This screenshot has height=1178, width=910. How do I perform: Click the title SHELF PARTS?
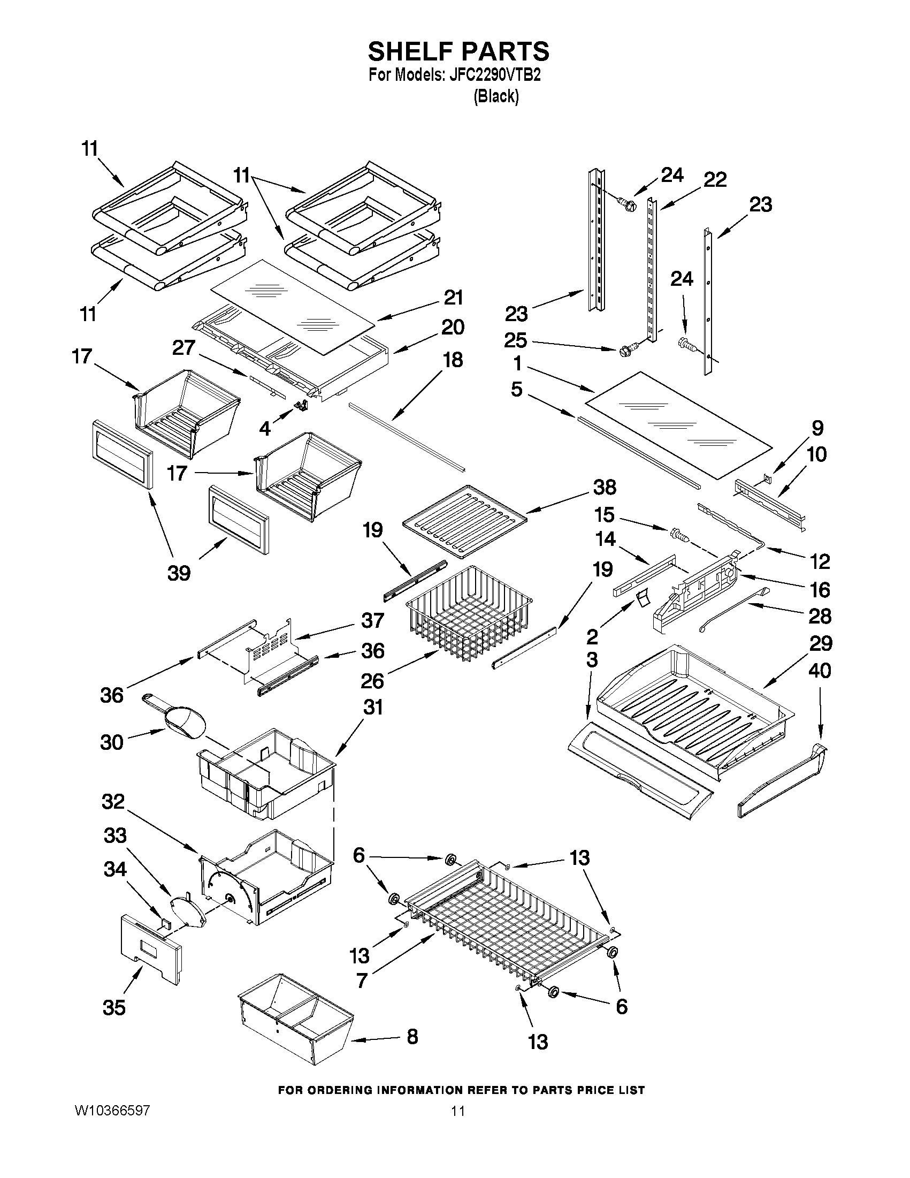point(458,52)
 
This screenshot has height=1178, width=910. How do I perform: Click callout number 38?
point(604,487)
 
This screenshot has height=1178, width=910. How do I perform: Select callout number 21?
point(453,298)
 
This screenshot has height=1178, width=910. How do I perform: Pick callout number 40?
point(820,671)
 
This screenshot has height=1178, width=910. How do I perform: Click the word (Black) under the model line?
point(496,96)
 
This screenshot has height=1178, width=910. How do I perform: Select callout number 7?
point(362,980)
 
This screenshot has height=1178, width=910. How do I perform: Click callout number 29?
point(821,643)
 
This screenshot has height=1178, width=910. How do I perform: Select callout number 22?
point(715,180)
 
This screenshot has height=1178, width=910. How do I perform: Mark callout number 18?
point(453,360)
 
